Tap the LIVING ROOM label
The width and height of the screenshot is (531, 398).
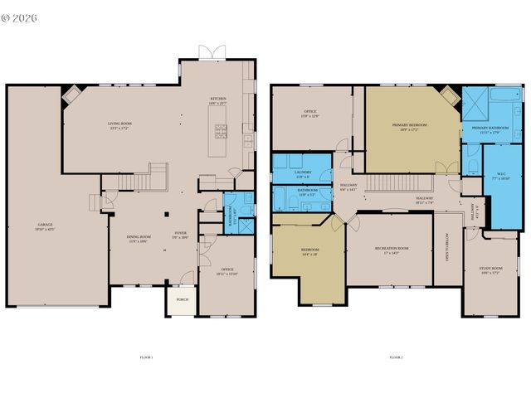tap(119, 125)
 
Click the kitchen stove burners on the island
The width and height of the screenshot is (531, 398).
tap(221, 129)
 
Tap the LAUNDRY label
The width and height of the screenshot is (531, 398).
tap(302, 173)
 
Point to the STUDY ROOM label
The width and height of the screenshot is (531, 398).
tap(492, 269)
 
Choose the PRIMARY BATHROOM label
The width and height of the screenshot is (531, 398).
tap(490, 129)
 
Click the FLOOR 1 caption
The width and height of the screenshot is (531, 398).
tap(146, 357)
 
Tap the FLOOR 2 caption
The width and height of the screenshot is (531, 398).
tap(396, 357)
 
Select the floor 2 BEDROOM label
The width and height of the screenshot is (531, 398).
tap(309, 250)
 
